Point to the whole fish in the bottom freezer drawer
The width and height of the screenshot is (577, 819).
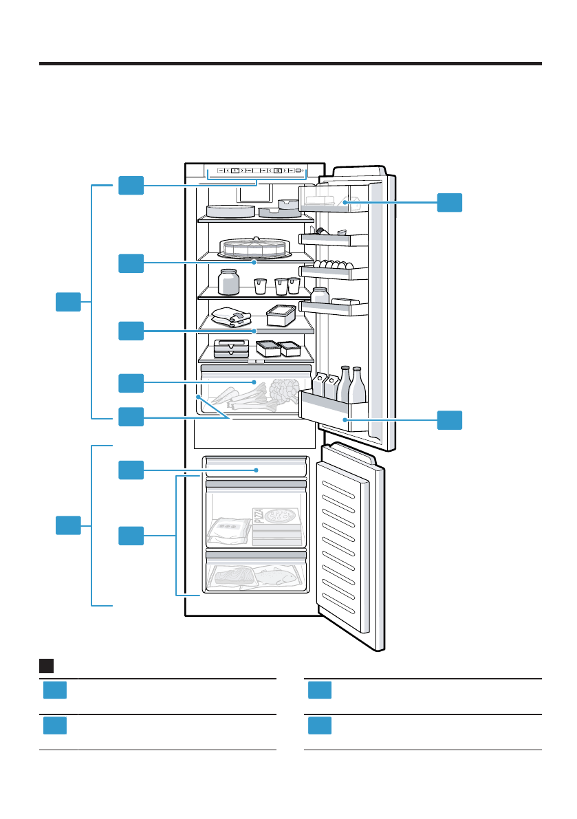(x=278, y=576)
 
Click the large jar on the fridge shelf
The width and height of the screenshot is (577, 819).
(x=228, y=282)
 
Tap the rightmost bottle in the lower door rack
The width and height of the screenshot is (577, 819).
(x=357, y=386)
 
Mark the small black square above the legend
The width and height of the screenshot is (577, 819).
(x=47, y=666)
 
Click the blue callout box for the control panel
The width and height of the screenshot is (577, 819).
(x=131, y=184)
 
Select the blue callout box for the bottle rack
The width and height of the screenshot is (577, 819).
(x=450, y=419)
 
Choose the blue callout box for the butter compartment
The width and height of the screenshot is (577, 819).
(x=450, y=201)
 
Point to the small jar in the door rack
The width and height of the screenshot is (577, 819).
(x=320, y=295)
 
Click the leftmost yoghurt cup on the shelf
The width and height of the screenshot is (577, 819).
(x=259, y=285)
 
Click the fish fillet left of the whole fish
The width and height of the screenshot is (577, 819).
(x=233, y=576)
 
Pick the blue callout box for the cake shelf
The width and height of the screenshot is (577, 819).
(x=131, y=262)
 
